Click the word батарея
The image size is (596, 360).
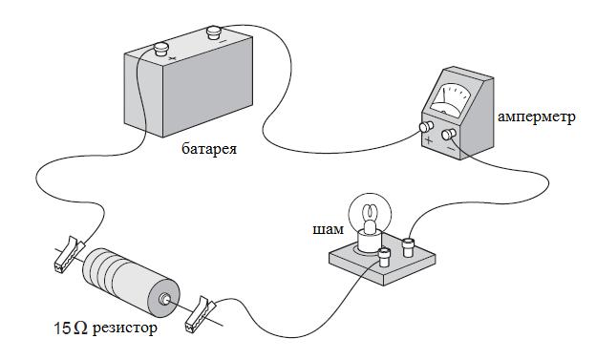pyautogui.click(x=209, y=149)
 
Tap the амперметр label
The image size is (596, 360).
pyautogui.click(x=537, y=117)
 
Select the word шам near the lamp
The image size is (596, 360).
pyautogui.click(x=328, y=230)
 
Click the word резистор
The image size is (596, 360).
pyautogui.click(x=125, y=328)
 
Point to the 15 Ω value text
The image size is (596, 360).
pyautogui.click(x=71, y=328)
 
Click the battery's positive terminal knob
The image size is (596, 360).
pyautogui.click(x=160, y=49)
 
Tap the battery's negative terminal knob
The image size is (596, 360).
pyautogui.click(x=213, y=32)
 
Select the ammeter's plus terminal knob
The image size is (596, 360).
pyautogui.click(x=427, y=127)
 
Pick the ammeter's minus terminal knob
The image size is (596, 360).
pyautogui.click(x=449, y=134)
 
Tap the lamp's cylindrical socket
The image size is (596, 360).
pyautogui.click(x=368, y=242)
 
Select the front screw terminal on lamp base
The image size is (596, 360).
pyautogui.click(x=384, y=257)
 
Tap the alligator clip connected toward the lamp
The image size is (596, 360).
pyautogui.click(x=200, y=315)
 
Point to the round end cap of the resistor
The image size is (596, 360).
pyautogui.click(x=164, y=299)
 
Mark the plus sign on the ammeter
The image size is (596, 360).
pyautogui.click(x=429, y=140)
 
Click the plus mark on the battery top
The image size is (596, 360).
pyautogui.click(x=172, y=58)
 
